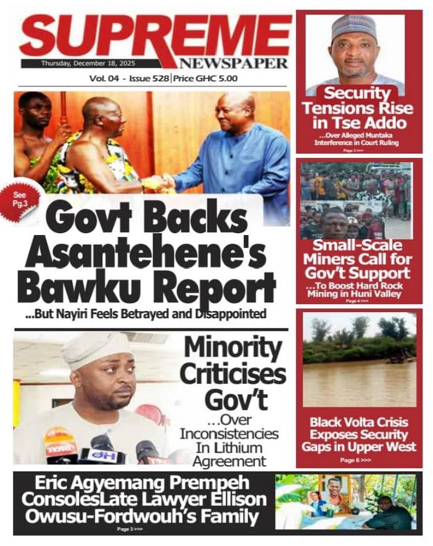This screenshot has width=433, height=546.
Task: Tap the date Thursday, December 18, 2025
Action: [90, 64]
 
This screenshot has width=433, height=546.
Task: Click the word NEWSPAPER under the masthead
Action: [233, 64]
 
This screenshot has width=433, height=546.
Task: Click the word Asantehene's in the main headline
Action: [146, 254]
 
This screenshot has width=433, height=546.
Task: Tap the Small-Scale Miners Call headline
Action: [357, 259]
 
